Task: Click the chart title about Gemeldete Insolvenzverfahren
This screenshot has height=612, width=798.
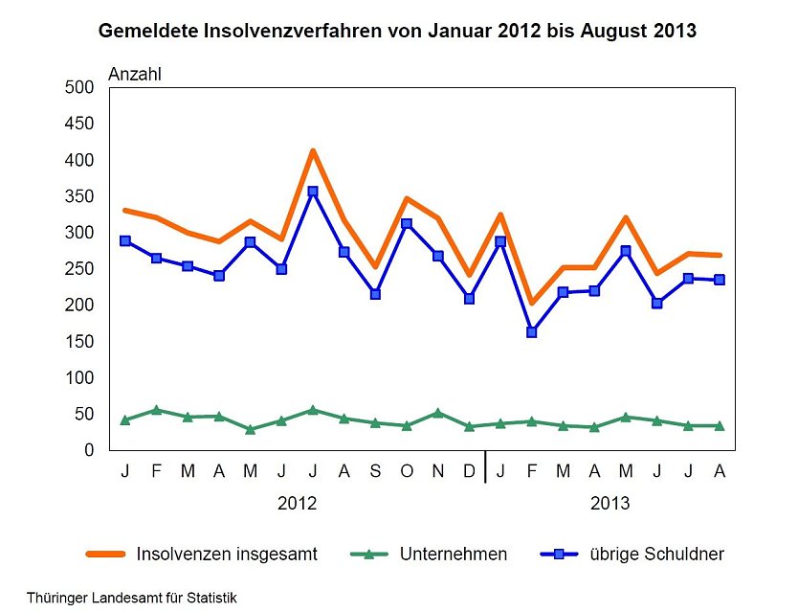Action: (x=397, y=31)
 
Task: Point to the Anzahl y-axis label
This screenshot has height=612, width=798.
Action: (x=135, y=75)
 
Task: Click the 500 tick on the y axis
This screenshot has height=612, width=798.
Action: (x=79, y=87)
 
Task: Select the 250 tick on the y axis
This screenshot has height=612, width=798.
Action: (x=79, y=268)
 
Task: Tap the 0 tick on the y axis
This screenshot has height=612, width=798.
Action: (x=89, y=450)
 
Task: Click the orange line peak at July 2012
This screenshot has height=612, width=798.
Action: (x=313, y=150)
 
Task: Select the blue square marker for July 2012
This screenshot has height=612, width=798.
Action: (x=313, y=192)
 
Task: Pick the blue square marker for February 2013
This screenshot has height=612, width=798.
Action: (x=532, y=332)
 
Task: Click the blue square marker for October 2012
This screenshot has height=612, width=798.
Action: (x=407, y=224)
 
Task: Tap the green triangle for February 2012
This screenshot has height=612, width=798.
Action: (x=156, y=410)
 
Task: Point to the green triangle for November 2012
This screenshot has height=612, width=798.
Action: (x=438, y=413)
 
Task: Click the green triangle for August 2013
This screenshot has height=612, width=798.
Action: (x=720, y=425)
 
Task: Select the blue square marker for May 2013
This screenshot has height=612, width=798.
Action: (x=626, y=251)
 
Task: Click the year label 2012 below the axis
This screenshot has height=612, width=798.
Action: (x=298, y=504)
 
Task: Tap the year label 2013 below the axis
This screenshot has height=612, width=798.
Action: (x=610, y=504)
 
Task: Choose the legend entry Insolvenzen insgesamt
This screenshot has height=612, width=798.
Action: (x=202, y=554)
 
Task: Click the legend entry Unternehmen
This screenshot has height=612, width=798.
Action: (x=429, y=554)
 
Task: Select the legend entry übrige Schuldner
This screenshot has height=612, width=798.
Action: (x=632, y=554)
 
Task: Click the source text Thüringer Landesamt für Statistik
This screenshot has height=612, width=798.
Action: (x=132, y=598)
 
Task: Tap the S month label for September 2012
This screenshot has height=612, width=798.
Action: (x=376, y=471)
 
